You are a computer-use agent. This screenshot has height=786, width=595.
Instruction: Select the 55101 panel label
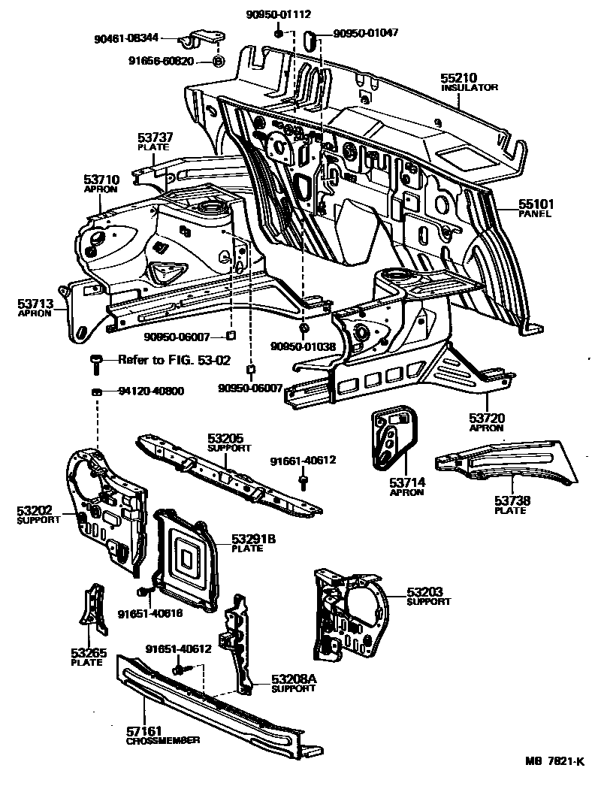click(x=535, y=203)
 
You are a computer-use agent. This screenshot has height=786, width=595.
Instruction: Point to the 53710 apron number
click(x=101, y=180)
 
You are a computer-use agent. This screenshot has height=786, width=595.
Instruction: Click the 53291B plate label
click(x=254, y=538)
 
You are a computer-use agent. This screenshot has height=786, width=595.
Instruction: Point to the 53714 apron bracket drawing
click(x=391, y=441)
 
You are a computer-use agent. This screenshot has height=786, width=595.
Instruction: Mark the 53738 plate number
click(x=511, y=500)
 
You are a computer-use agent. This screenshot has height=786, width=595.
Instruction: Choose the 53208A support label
click(x=294, y=679)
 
